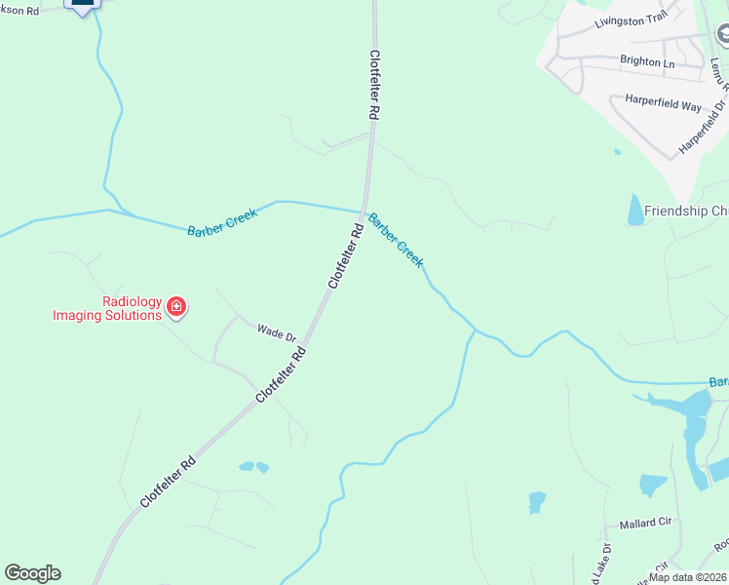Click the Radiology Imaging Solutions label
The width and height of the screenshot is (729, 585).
[106, 309]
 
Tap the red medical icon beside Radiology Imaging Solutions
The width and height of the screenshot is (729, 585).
[176, 308]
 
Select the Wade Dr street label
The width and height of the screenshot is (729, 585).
[276, 333]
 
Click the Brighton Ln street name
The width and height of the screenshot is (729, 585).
[647, 61]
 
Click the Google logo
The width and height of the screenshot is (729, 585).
[32, 573]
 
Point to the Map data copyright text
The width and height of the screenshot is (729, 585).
[688, 577]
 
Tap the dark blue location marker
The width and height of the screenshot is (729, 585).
[83, 5]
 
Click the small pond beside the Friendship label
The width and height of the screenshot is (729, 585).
[636, 210]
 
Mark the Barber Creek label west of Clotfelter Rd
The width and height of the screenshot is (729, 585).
[223, 223]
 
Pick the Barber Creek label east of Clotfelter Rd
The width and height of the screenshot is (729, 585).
[396, 241]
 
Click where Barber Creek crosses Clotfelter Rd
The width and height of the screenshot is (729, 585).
[364, 210]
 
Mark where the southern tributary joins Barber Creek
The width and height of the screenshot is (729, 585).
[475, 331]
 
